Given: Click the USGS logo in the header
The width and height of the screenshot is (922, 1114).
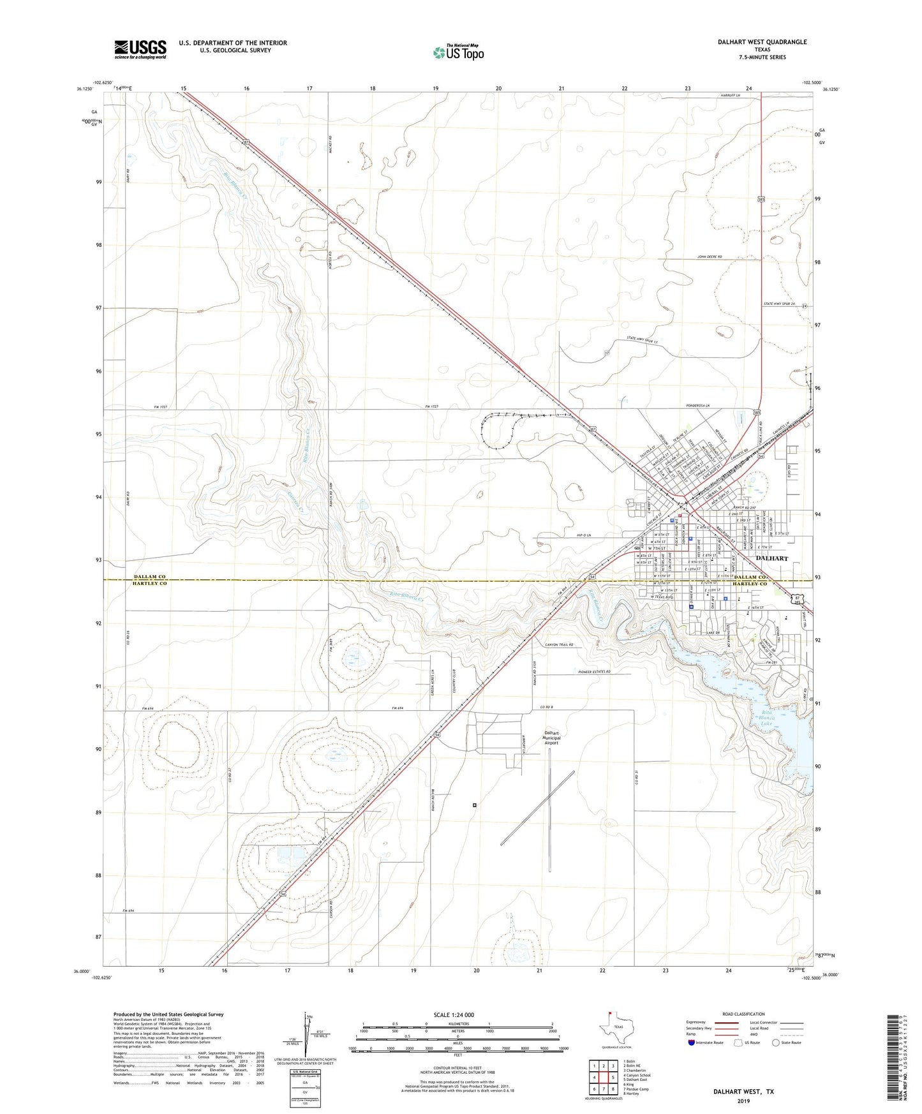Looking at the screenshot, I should [x=140, y=48].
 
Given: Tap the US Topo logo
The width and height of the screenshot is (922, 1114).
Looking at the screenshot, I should [x=458, y=52].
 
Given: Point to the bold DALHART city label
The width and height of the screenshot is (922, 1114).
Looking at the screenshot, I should [x=771, y=558].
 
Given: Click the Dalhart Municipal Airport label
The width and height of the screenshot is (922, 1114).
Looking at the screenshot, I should [x=551, y=738].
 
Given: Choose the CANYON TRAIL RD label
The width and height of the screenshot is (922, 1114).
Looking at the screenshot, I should [x=559, y=645].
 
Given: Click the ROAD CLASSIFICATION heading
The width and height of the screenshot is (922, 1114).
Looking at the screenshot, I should [x=743, y=1014].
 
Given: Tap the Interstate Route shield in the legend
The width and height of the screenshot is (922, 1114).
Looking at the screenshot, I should [x=692, y=1043].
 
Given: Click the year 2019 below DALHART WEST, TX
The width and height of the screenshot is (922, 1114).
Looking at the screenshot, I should [x=743, y=1101].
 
